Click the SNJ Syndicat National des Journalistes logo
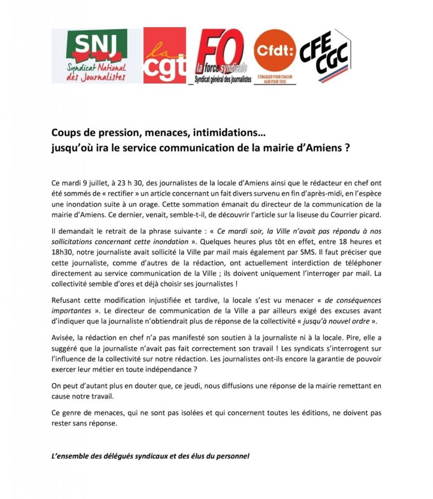[x=96, y=56]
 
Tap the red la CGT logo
[x=164, y=56]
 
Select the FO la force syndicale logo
[x=220, y=56]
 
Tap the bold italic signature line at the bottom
[x=150, y=457]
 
